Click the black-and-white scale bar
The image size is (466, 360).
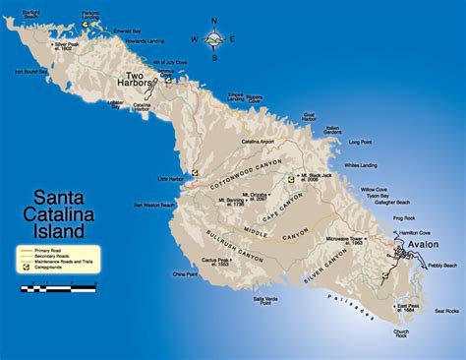coord(60,288)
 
